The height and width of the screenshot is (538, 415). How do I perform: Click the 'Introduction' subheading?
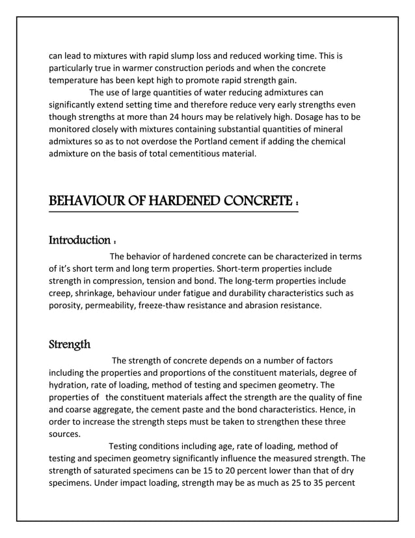(79, 241)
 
